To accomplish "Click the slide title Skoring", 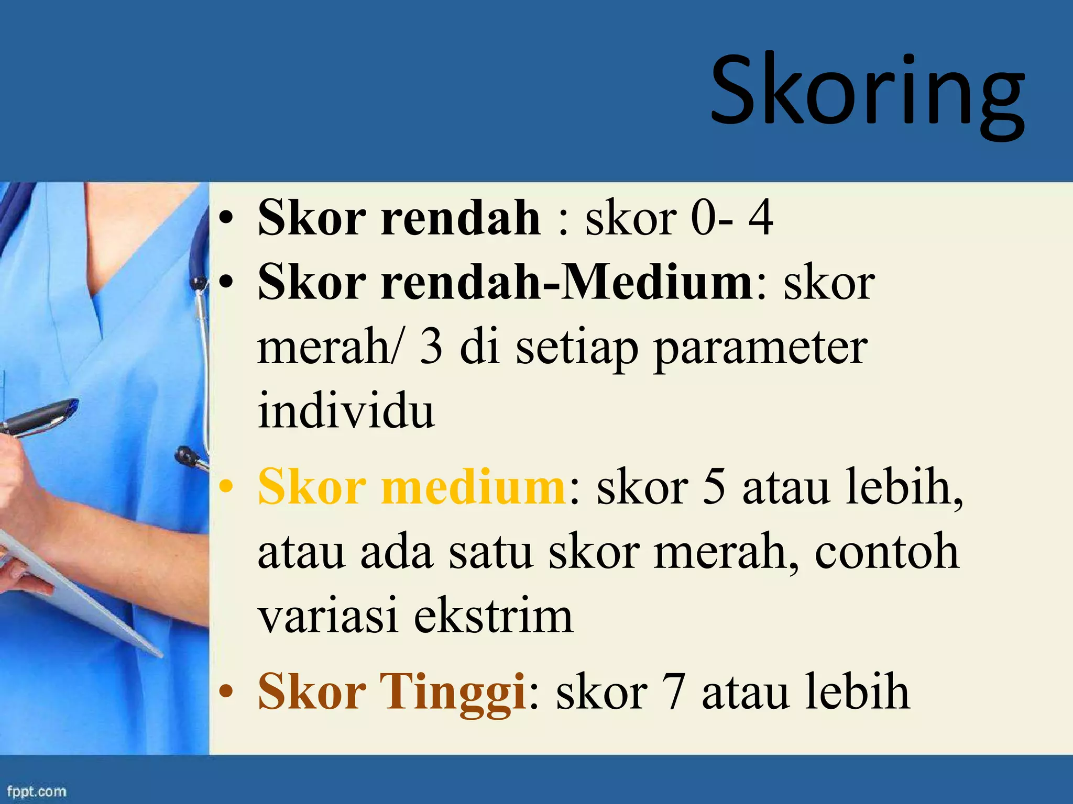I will click(x=867, y=92).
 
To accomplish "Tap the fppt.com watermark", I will click(x=37, y=791).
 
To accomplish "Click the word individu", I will click(x=346, y=411).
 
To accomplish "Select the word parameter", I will click(x=760, y=348).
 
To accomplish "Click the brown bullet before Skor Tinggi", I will click(x=226, y=693).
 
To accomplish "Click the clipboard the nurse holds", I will click(x=79, y=591).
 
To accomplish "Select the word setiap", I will click(x=576, y=348).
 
